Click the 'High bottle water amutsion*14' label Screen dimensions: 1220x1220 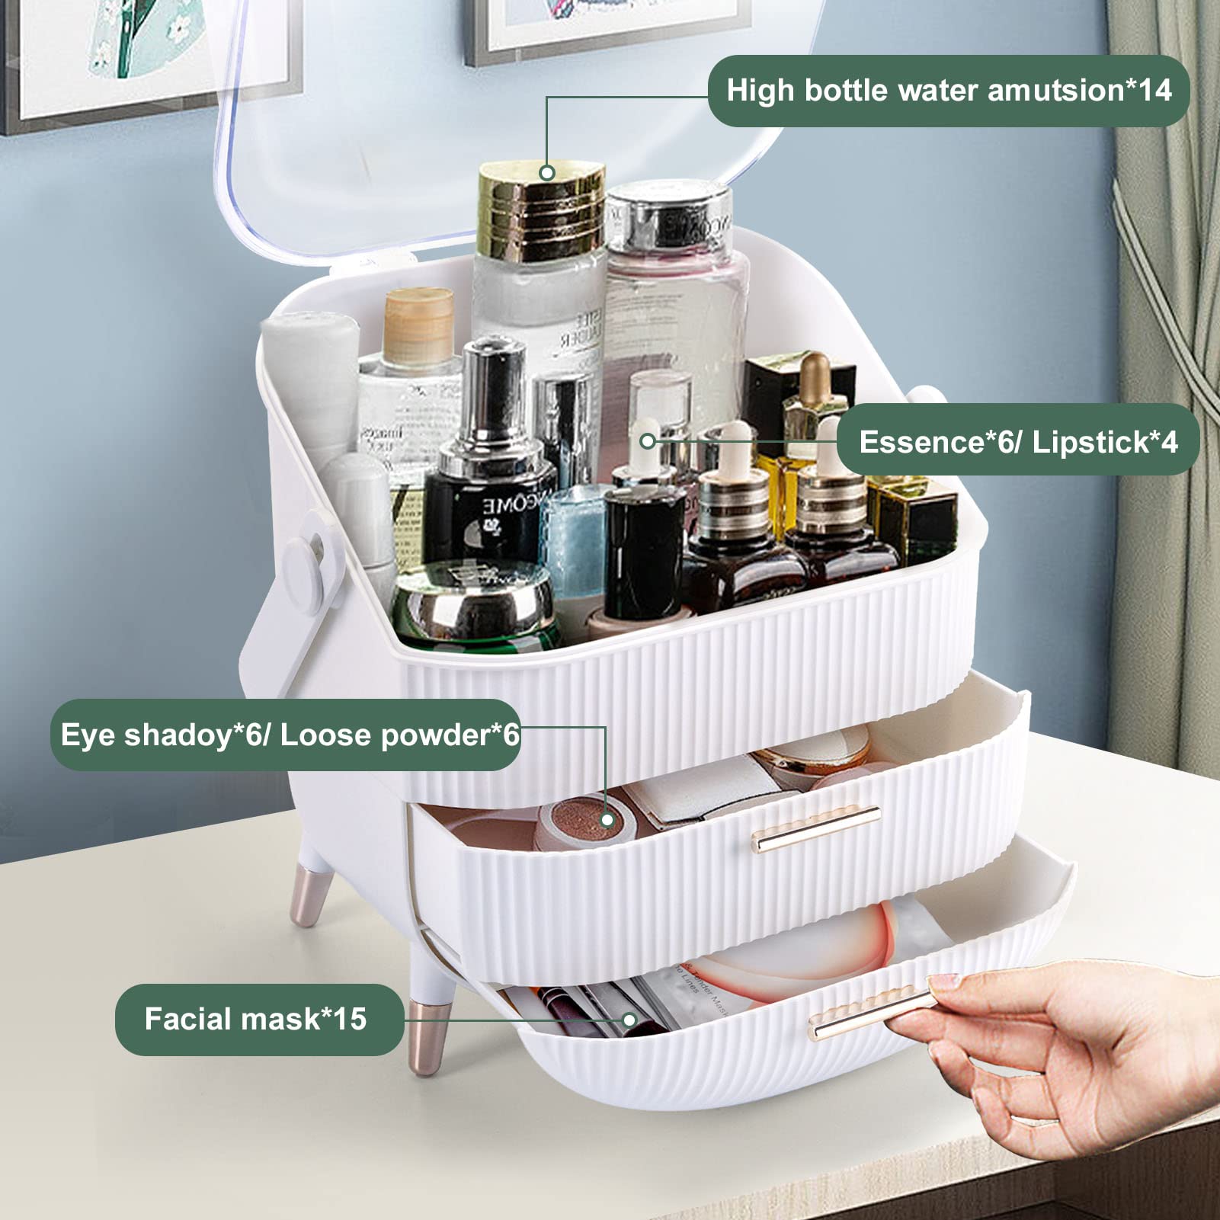pos(948,91)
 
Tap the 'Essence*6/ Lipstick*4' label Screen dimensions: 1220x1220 pos(1018,442)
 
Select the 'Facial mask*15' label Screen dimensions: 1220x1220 pos(256,1019)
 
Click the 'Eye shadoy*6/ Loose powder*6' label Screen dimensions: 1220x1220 pos(288,735)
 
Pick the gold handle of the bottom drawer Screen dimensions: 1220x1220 pos(869,1013)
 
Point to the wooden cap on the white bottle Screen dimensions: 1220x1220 pos(418,320)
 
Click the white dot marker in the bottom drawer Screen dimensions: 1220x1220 pos(629,1020)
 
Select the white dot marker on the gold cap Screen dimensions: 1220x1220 pos(546,173)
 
